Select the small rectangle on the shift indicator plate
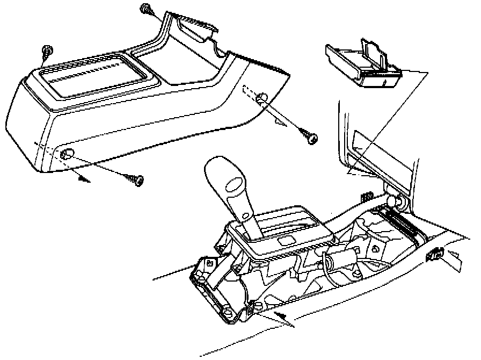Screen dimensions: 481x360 coord(287,236)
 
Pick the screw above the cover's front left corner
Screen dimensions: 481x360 coord(47,51)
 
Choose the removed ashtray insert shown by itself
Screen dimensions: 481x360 coord(363,63)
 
